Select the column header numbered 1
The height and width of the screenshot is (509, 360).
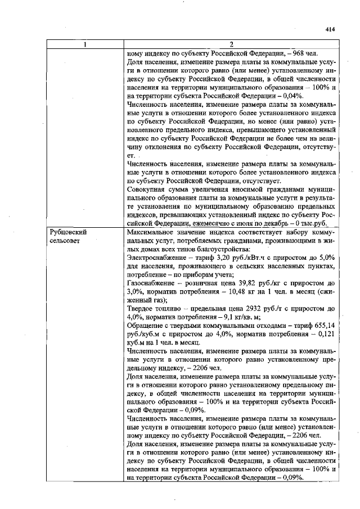coord(85,44)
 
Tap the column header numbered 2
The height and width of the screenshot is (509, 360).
coord(231,44)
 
